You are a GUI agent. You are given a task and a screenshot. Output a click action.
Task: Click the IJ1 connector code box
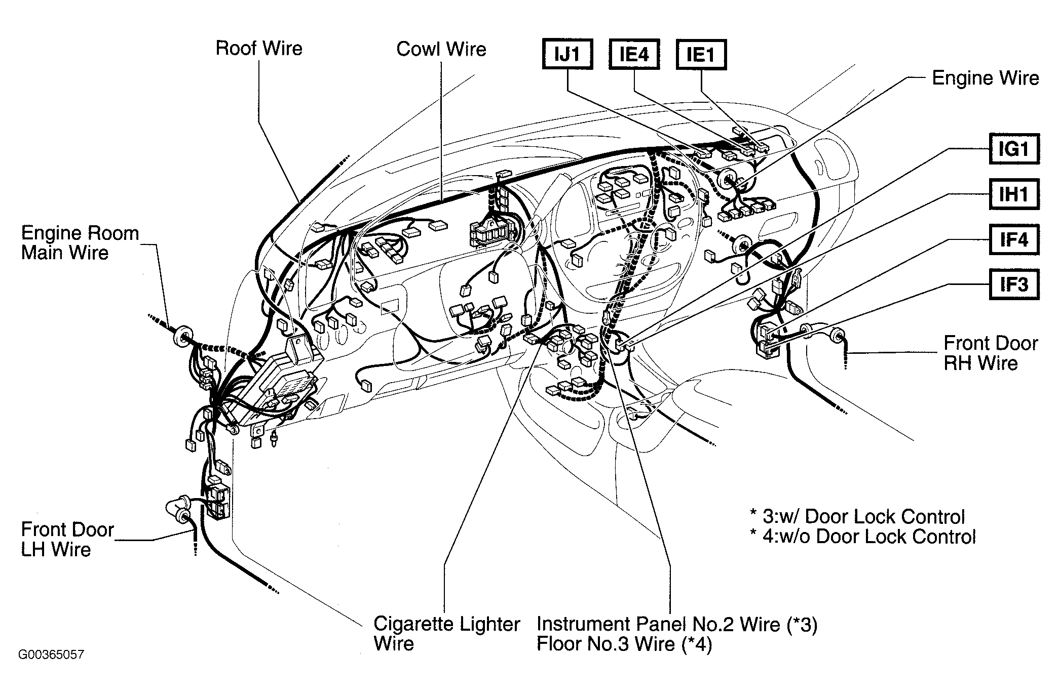point(568,54)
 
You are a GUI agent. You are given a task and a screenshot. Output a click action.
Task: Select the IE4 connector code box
point(634,54)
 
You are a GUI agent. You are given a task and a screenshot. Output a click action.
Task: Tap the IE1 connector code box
point(701,54)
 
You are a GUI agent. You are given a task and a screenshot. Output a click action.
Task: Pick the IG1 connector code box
point(1014,149)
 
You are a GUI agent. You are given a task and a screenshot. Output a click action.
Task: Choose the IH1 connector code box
point(1014,194)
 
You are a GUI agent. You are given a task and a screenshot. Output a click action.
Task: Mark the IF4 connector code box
point(1014,239)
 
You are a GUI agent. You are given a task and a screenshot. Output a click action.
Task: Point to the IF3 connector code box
point(1014,284)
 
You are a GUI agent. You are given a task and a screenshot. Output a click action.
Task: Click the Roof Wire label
point(259,48)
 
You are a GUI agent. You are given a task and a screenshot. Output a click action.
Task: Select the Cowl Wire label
point(441,49)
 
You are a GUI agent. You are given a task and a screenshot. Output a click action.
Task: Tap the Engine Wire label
point(986,78)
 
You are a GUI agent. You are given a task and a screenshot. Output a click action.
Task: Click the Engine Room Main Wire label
point(80,243)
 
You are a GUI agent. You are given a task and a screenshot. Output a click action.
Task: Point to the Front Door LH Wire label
point(68,540)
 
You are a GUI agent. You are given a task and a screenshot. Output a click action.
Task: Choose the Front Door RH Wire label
point(991,353)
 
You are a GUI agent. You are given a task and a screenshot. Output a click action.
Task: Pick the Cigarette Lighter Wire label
point(447,634)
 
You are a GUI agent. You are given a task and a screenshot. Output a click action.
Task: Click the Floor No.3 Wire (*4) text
point(624,644)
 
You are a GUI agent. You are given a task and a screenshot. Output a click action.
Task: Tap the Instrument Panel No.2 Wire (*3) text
point(677,625)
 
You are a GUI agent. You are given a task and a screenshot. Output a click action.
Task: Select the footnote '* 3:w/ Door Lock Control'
point(857,517)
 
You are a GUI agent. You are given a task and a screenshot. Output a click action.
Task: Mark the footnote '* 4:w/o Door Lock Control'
point(863,537)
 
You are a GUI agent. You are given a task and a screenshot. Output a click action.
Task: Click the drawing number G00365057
point(51,654)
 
